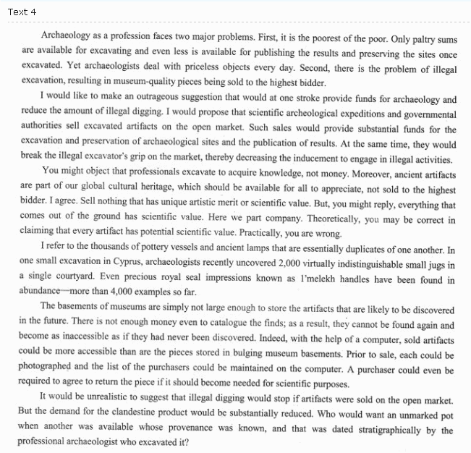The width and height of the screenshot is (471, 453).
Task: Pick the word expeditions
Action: (325, 115)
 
